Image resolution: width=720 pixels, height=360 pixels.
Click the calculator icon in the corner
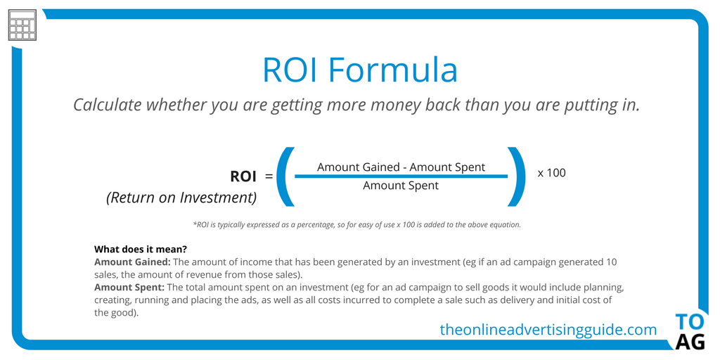point(22,25)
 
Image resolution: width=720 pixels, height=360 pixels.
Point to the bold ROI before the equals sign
point(243,176)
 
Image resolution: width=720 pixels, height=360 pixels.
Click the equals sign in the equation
point(269,176)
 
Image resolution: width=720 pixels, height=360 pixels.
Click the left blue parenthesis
point(285,176)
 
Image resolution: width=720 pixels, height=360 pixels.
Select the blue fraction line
point(401,176)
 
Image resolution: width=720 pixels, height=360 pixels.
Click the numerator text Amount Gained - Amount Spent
point(401,167)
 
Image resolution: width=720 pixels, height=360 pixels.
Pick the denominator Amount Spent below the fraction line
point(401,186)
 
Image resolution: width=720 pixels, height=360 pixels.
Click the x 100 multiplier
point(551,173)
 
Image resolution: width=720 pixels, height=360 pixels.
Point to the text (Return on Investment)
point(181,198)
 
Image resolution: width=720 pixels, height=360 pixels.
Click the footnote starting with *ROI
point(356,225)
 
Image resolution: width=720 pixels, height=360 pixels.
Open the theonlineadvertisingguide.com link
point(548,329)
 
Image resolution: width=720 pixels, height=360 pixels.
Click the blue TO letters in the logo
point(690,322)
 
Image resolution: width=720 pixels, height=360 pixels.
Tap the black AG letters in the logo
point(690,342)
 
